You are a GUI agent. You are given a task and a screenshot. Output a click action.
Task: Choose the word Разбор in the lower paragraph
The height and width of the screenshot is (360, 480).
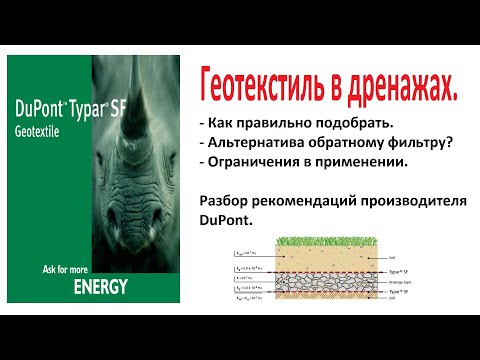pos(226,200)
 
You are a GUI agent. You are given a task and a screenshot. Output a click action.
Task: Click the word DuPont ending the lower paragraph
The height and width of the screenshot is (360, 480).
pos(226,219)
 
